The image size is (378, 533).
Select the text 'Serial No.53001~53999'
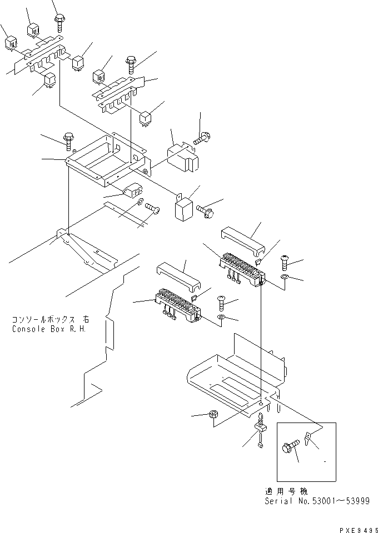click(316, 500)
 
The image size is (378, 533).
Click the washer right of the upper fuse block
click(284, 277)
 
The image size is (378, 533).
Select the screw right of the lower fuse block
click(220, 302)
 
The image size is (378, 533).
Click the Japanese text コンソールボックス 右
click(51, 320)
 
